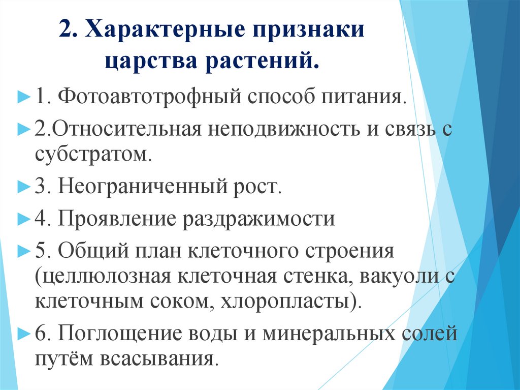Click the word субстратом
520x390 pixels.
(x=94, y=153)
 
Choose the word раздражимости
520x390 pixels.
(x=258, y=219)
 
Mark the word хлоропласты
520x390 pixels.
(x=289, y=302)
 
